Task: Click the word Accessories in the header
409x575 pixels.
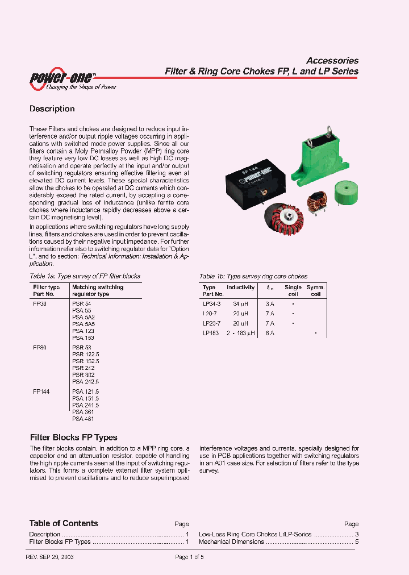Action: click(x=332, y=60)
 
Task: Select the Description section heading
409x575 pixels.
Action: click(x=52, y=109)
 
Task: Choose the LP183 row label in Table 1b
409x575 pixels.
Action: click(x=210, y=333)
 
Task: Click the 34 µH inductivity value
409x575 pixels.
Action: click(x=241, y=303)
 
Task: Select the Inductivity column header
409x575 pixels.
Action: click(x=241, y=287)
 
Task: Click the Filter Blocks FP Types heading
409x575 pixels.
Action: click(x=73, y=438)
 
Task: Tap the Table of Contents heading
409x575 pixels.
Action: click(x=64, y=523)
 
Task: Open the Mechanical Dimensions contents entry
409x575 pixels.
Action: click(x=231, y=542)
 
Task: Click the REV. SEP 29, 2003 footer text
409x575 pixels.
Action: click(x=50, y=557)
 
